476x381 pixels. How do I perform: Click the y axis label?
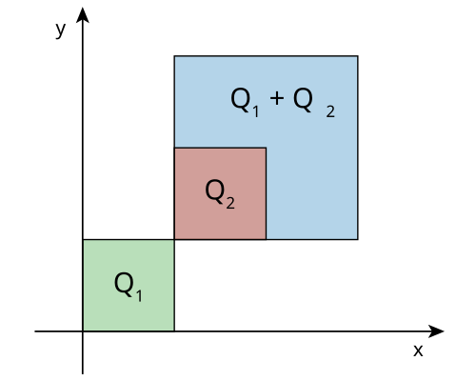(x=60, y=30)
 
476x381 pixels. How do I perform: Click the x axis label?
(x=418, y=351)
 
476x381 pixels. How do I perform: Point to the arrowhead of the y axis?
(x=83, y=15)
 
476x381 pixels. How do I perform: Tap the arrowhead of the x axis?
(x=436, y=331)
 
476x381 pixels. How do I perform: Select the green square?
(x=129, y=285)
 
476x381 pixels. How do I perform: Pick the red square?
(x=220, y=193)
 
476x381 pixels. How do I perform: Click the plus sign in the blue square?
(x=277, y=98)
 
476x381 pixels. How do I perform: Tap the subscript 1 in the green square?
(x=139, y=295)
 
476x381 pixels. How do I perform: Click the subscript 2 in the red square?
(x=230, y=203)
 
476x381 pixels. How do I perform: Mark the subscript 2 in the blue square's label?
(x=330, y=111)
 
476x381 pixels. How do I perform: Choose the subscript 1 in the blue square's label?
(x=256, y=111)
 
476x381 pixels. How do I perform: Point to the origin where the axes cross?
(x=83, y=331)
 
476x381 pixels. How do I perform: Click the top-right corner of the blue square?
(x=358, y=56)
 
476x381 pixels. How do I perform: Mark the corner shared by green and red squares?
(x=174, y=239)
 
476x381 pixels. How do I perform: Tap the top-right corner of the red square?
(x=267, y=148)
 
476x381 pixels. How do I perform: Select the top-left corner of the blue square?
(x=174, y=56)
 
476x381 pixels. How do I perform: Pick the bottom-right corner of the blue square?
(x=358, y=239)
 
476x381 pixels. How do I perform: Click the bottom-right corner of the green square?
(x=174, y=331)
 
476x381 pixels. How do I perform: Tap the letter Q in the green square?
(x=124, y=284)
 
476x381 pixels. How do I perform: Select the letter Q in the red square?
(x=215, y=191)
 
